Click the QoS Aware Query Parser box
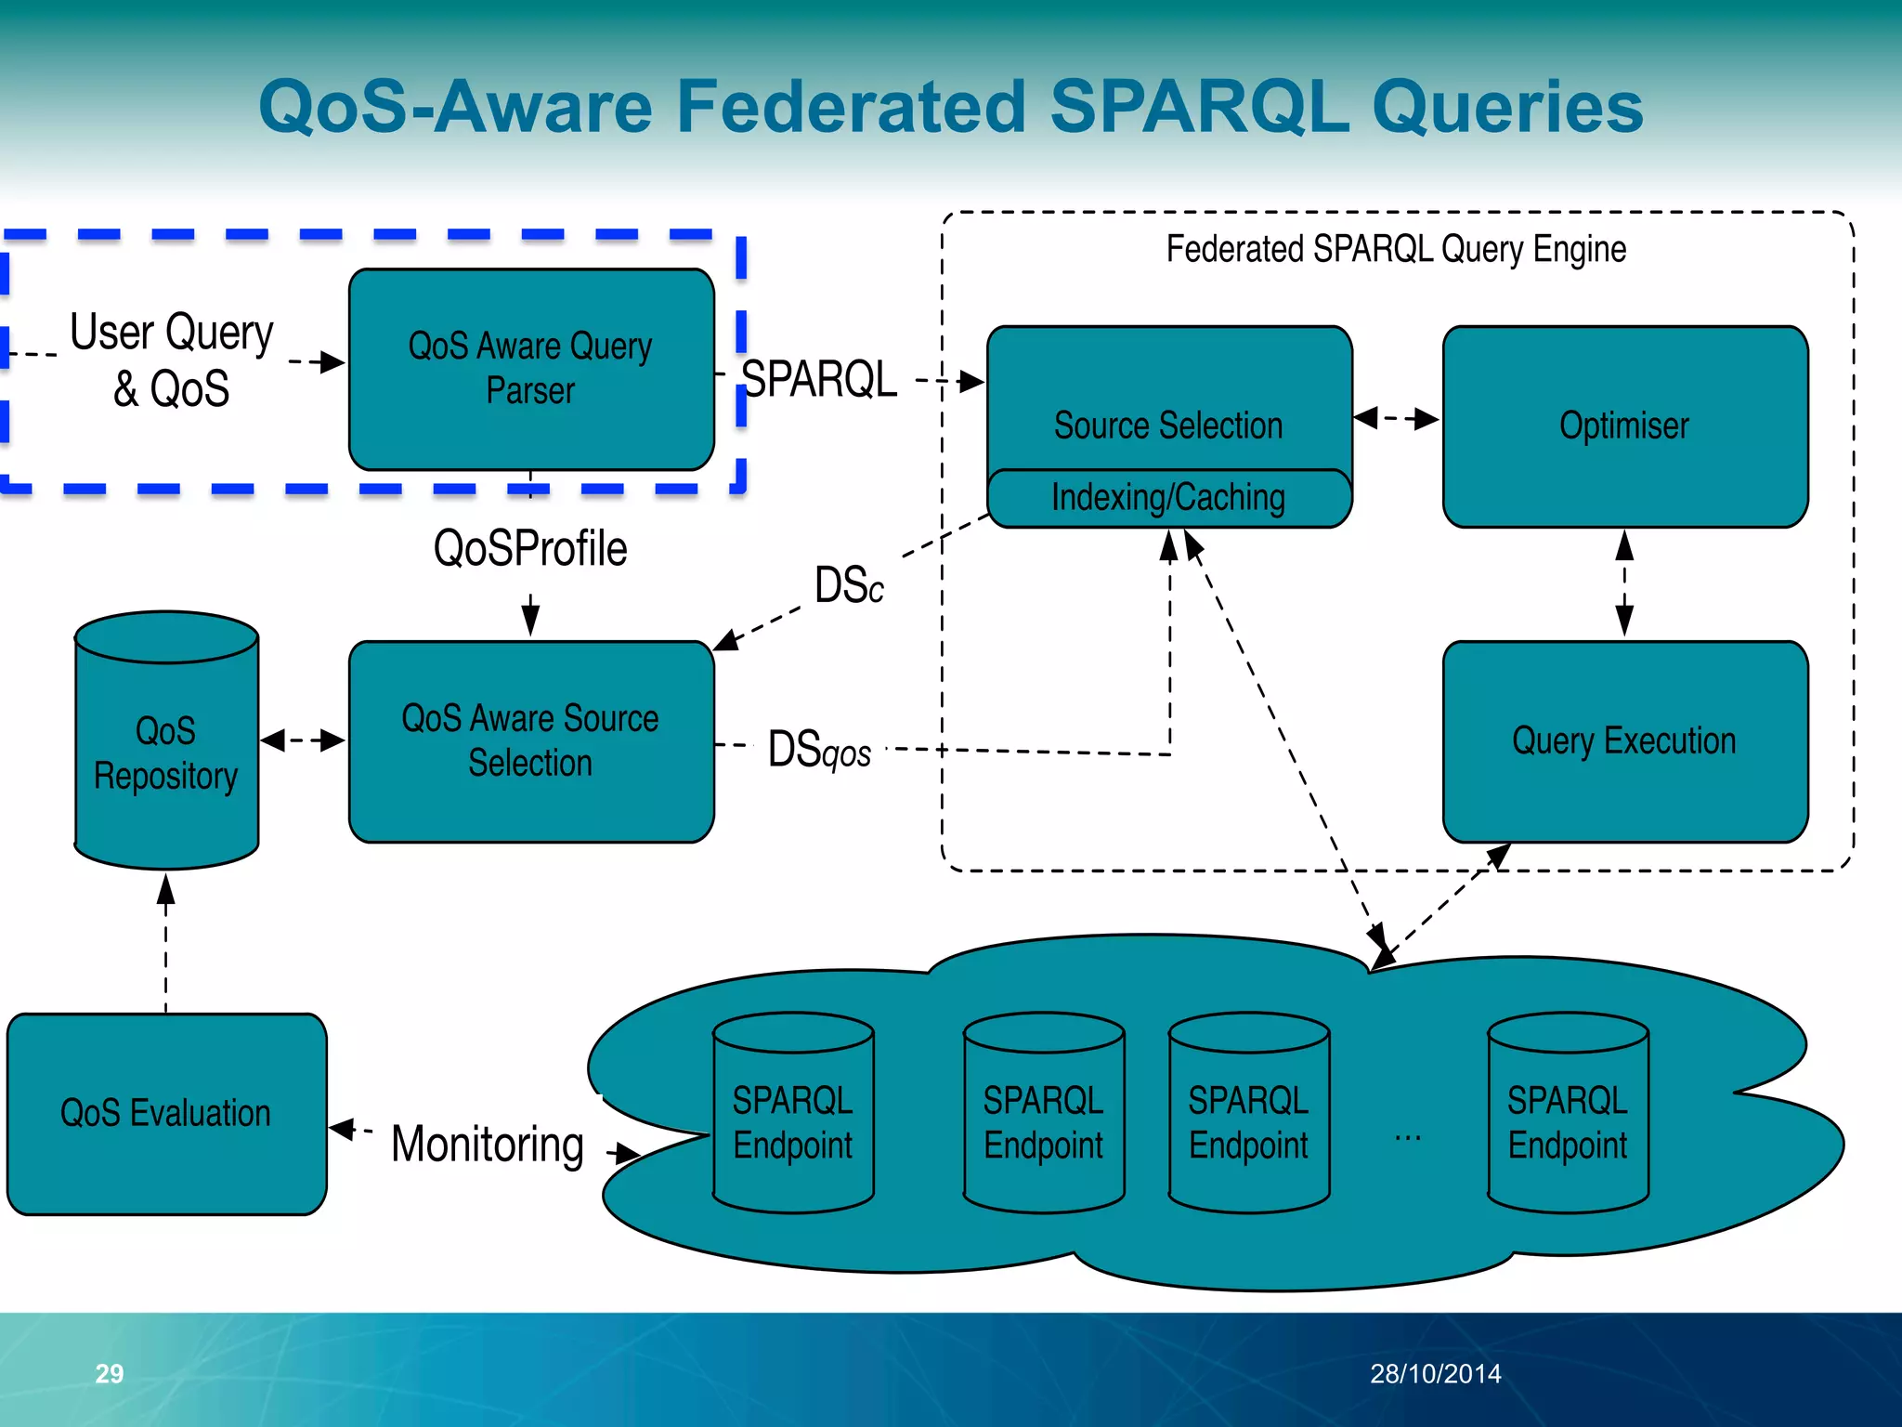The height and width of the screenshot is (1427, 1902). [530, 369]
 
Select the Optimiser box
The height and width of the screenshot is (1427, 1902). [1624, 425]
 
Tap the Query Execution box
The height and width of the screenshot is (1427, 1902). [1624, 740]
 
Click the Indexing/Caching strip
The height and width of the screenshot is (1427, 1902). [1168, 499]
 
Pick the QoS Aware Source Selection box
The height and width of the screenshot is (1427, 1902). [530, 740]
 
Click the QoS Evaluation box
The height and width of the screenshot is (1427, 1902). [166, 1113]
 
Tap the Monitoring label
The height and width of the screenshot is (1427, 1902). [488, 1144]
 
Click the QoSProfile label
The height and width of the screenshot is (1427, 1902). [530, 548]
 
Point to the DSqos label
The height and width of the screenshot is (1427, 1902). [819, 750]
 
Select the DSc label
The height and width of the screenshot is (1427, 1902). [849, 585]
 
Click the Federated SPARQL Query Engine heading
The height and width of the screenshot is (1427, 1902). [1396, 249]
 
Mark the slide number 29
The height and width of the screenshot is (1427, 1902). [110, 1373]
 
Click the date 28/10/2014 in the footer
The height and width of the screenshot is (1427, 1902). [1435, 1373]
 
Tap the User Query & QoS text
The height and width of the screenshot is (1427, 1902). [172, 360]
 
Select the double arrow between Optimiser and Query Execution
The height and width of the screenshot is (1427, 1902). [1624, 583]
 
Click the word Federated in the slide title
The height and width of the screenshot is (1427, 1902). [851, 106]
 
